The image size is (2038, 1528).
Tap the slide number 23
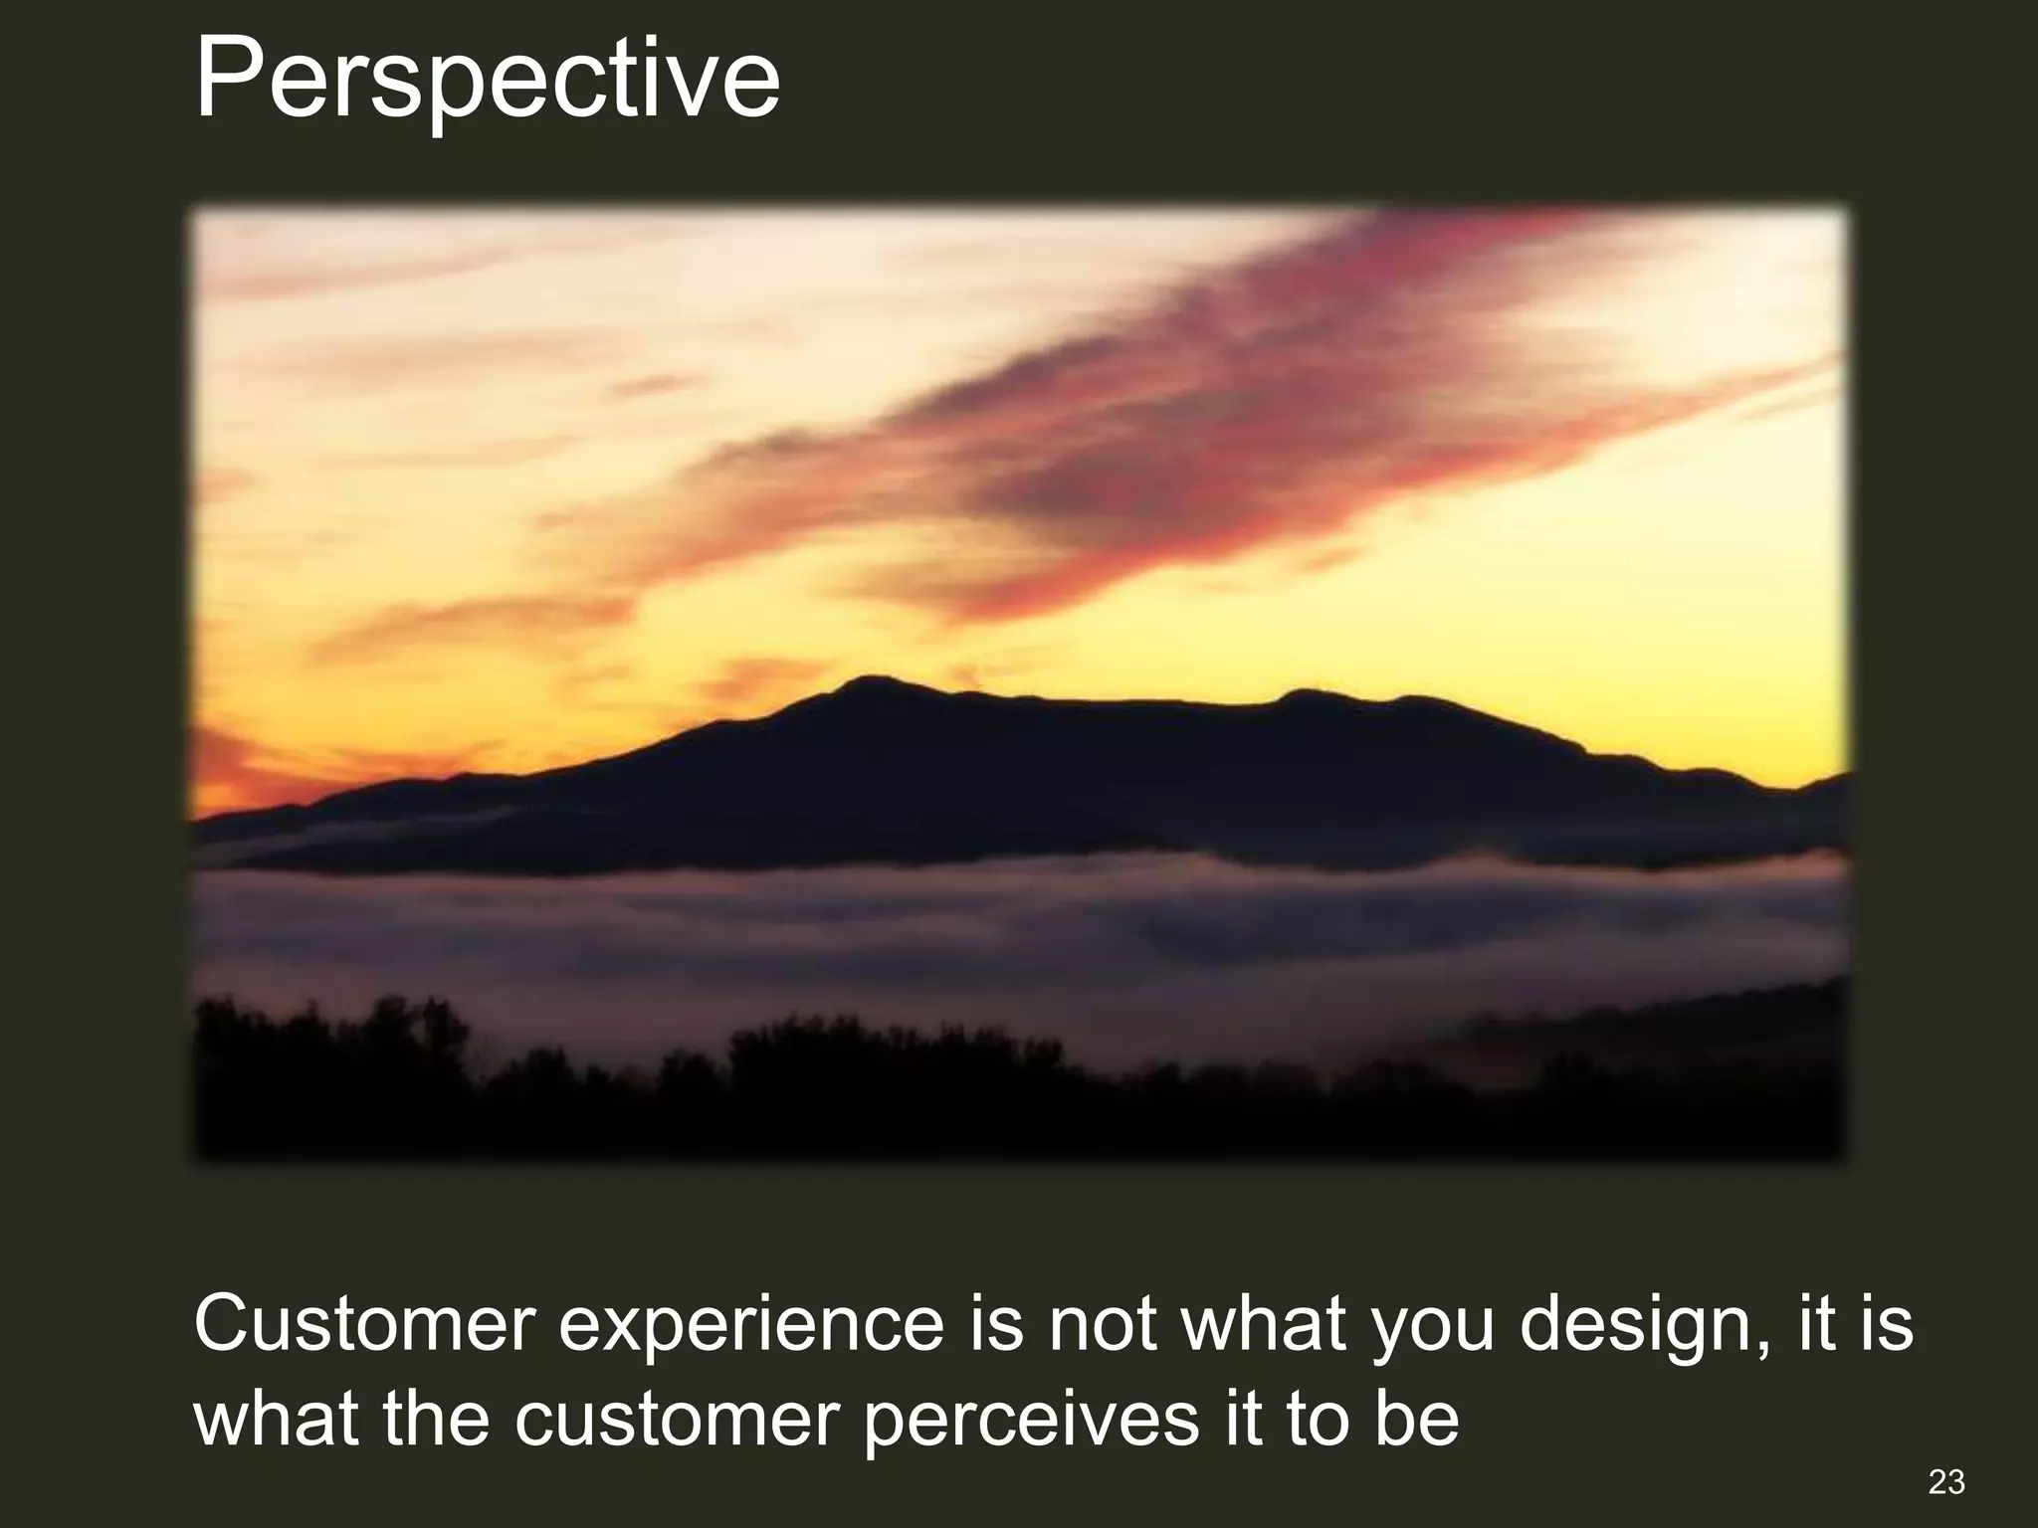1946,1482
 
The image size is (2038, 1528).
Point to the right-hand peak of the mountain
1304,694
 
